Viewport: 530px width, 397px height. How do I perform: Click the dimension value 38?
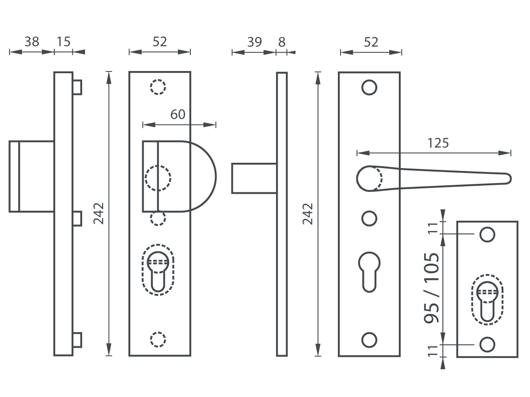(x=32, y=42)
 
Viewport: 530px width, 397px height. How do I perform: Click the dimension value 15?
(x=64, y=42)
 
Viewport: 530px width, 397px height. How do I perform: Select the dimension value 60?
(x=178, y=114)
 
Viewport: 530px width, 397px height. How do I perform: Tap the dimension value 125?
(x=438, y=143)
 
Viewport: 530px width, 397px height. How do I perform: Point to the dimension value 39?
(x=254, y=42)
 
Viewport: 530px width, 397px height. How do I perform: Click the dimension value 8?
(x=282, y=42)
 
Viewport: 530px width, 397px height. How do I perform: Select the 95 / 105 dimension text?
(x=432, y=288)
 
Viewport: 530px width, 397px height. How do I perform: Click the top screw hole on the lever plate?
(x=369, y=87)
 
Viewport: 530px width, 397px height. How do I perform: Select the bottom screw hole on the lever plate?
(x=369, y=340)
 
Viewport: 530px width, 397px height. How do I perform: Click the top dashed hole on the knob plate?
(x=158, y=87)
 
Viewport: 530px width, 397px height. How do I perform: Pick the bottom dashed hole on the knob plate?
(x=158, y=339)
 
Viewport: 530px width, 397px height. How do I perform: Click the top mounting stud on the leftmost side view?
(x=77, y=87)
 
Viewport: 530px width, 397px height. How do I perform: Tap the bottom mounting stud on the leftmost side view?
(x=77, y=340)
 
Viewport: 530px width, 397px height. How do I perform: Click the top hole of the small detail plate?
(x=487, y=235)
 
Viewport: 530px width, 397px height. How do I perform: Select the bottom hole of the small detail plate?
(x=487, y=345)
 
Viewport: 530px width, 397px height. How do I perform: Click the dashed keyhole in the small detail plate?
(x=487, y=300)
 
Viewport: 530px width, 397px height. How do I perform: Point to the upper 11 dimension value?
(x=433, y=227)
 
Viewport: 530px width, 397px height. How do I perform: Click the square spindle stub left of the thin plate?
(x=254, y=178)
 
